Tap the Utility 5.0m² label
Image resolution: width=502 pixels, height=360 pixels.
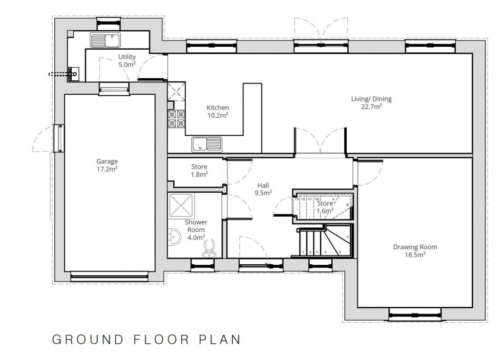[126, 60]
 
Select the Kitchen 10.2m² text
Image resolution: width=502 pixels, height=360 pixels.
[217, 111]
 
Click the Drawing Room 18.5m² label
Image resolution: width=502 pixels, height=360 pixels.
[415, 250]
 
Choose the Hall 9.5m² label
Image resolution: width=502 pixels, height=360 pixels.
[264, 189]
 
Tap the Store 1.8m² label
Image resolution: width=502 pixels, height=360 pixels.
[199, 170]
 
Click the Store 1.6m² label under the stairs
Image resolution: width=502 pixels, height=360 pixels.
[325, 206]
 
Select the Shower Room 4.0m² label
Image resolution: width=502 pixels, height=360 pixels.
[195, 229]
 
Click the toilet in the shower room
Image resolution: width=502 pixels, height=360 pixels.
[208, 248]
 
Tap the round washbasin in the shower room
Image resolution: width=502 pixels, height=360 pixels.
[174, 237]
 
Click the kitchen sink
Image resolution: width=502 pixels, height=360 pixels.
[206, 144]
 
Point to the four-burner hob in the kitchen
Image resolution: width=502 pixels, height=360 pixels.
[176, 119]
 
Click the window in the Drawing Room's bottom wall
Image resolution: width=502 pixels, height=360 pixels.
[415, 313]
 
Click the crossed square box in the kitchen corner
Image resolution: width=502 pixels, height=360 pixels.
[176, 92]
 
